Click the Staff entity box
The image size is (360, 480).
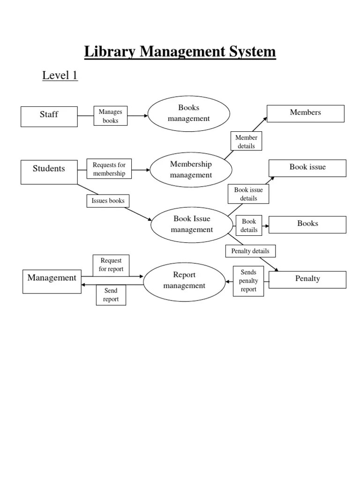click(x=49, y=116)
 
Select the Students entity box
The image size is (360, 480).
click(x=49, y=172)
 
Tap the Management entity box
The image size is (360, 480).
click(x=52, y=281)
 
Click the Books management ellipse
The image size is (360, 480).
click(x=189, y=114)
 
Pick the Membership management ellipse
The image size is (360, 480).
click(x=191, y=170)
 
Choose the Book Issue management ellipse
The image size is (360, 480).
click(x=192, y=225)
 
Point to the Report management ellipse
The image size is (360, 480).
click(x=184, y=280)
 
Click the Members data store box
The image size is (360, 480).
click(x=306, y=113)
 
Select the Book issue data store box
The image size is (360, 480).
click(x=307, y=168)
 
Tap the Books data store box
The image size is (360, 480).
click(x=307, y=224)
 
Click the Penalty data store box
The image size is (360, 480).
click(x=307, y=279)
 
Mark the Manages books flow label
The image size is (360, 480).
click(x=111, y=116)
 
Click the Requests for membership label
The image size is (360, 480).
click(x=109, y=169)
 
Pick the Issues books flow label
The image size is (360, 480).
click(x=108, y=201)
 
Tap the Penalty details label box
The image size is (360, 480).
click(x=250, y=251)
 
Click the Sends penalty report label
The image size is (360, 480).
click(x=248, y=281)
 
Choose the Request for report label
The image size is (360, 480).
click(x=111, y=265)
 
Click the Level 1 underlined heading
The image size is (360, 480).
click(x=60, y=75)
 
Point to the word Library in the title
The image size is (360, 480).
click(x=109, y=52)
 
